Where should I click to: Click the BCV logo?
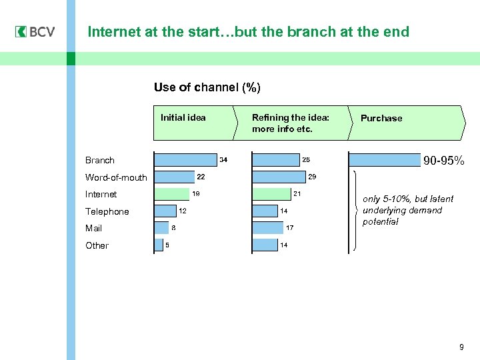click(35, 32)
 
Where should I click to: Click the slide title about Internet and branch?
click(248, 32)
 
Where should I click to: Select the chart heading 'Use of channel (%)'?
click(207, 87)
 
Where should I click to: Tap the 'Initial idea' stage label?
click(183, 118)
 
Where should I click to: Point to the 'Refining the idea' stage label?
click(291, 123)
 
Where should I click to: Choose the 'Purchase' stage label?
click(381, 118)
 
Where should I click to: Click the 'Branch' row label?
click(100, 160)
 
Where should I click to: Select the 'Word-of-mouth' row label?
click(116, 177)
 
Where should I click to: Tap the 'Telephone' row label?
click(107, 211)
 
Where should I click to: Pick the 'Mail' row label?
click(94, 228)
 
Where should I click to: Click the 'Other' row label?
click(97, 245)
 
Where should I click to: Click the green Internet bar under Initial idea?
click(172, 194)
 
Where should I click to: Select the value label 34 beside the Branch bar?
click(224, 160)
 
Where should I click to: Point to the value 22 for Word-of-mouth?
click(200, 177)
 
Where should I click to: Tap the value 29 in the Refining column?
click(312, 177)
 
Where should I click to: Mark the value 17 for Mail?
click(289, 228)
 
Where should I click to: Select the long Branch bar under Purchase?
click(383, 160)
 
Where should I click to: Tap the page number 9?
click(461, 347)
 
